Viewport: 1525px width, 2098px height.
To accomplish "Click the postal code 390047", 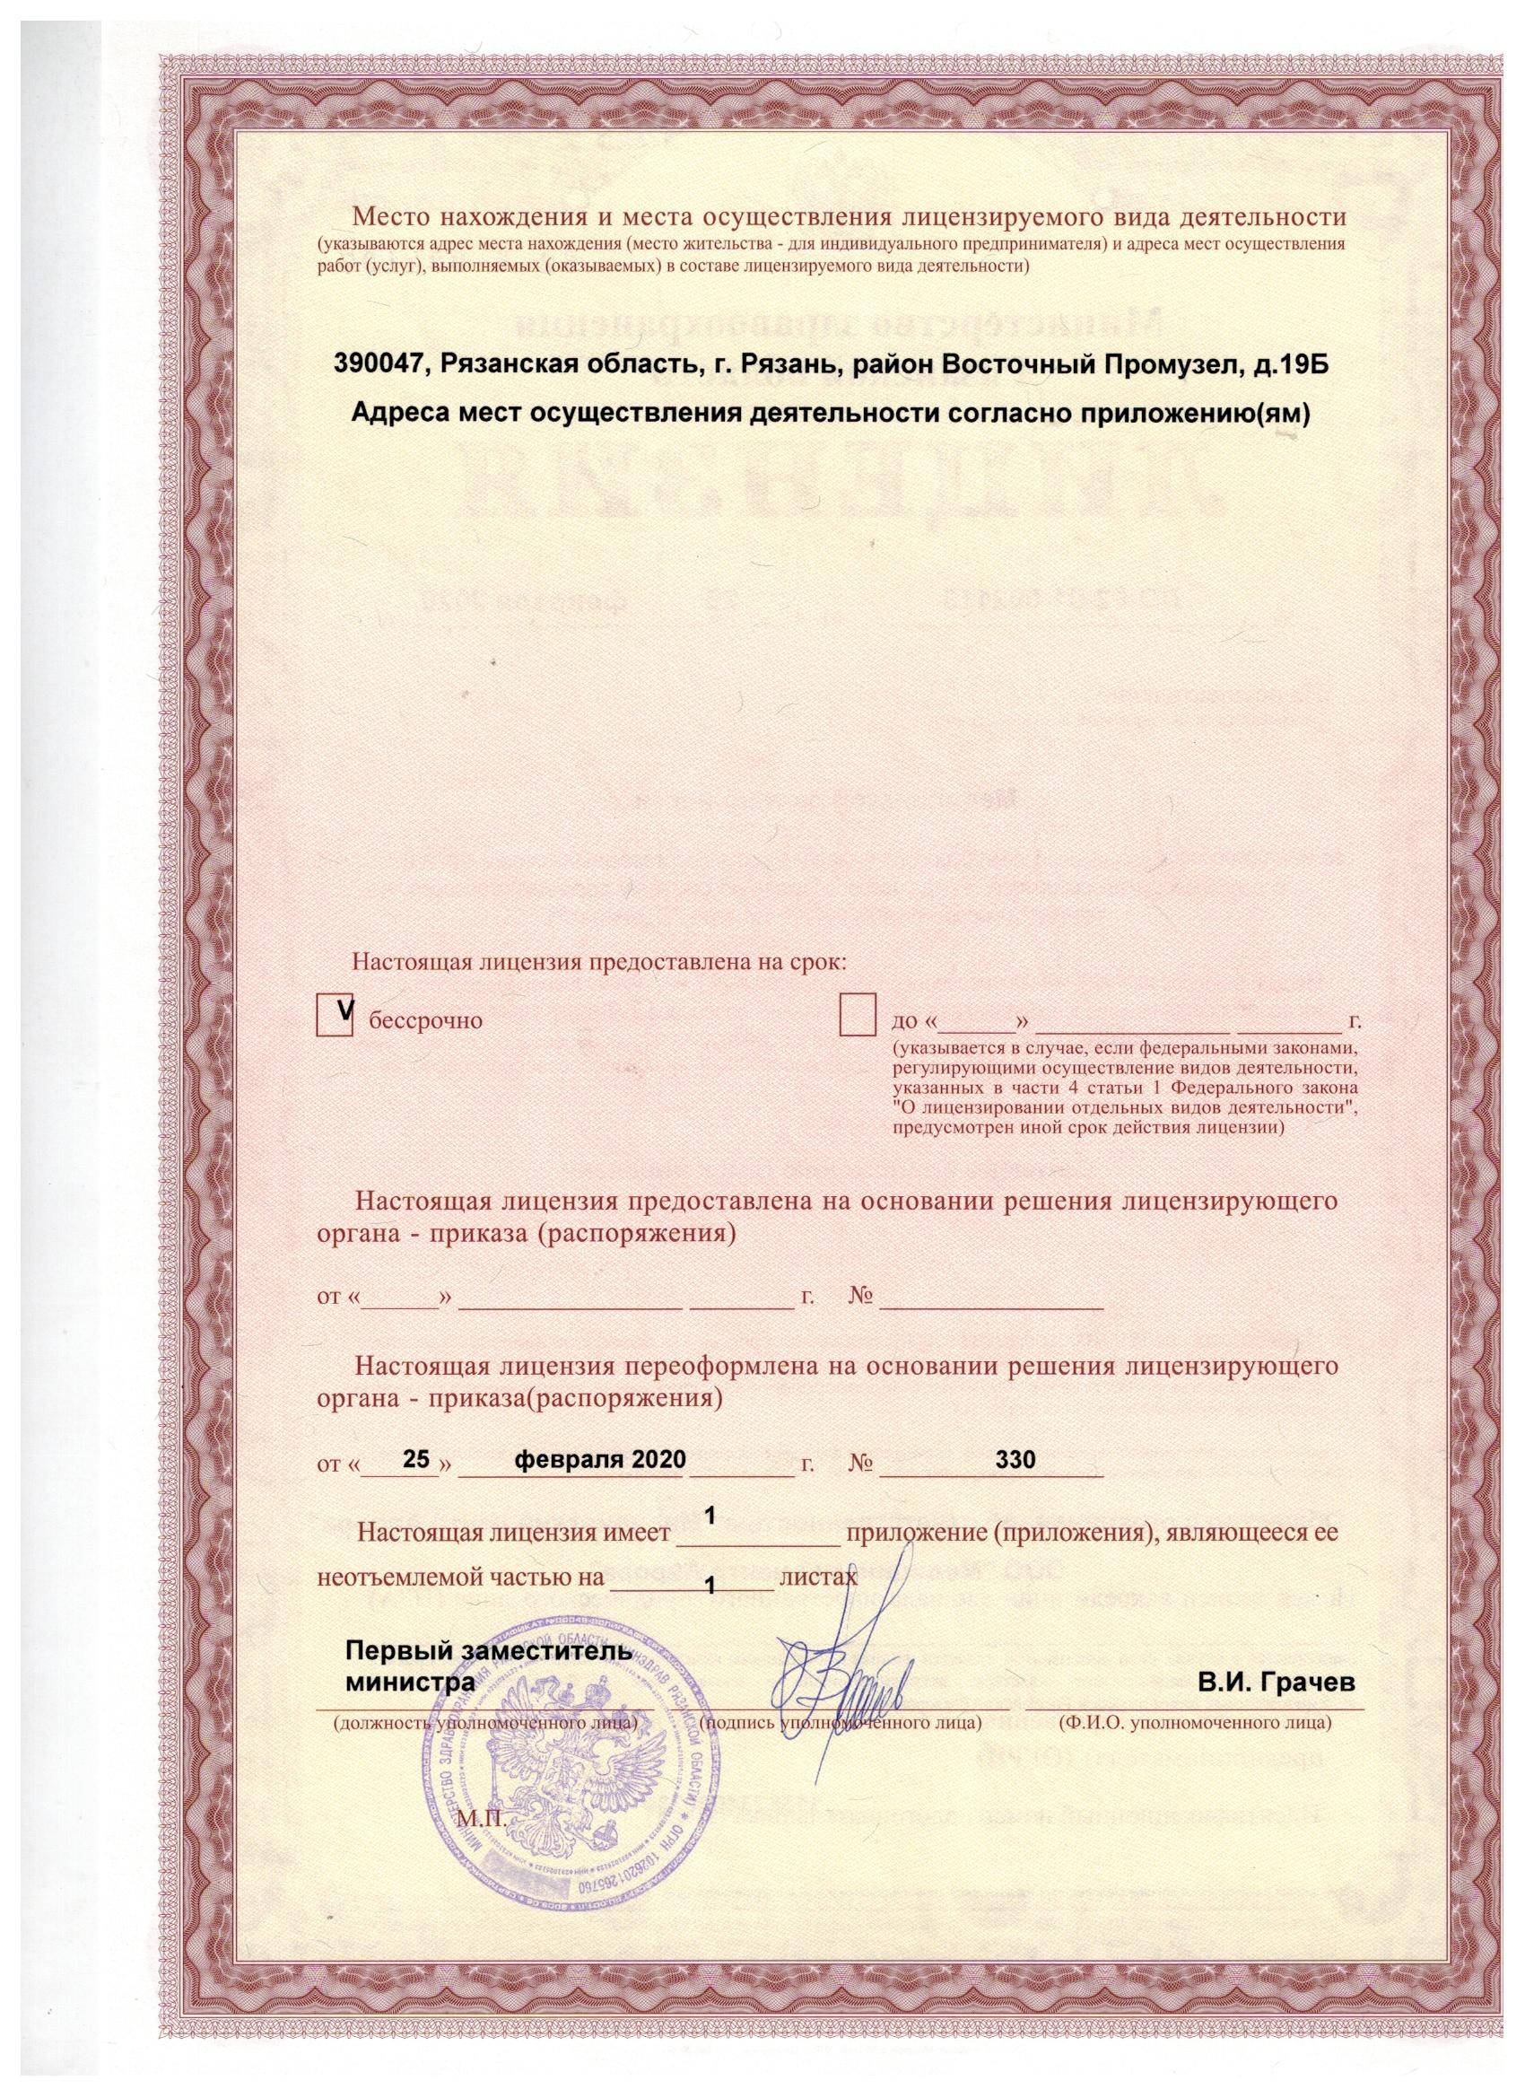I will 379,367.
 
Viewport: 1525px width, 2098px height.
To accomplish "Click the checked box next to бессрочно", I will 334,1018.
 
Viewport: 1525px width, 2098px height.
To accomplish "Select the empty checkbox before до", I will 858,1018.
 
